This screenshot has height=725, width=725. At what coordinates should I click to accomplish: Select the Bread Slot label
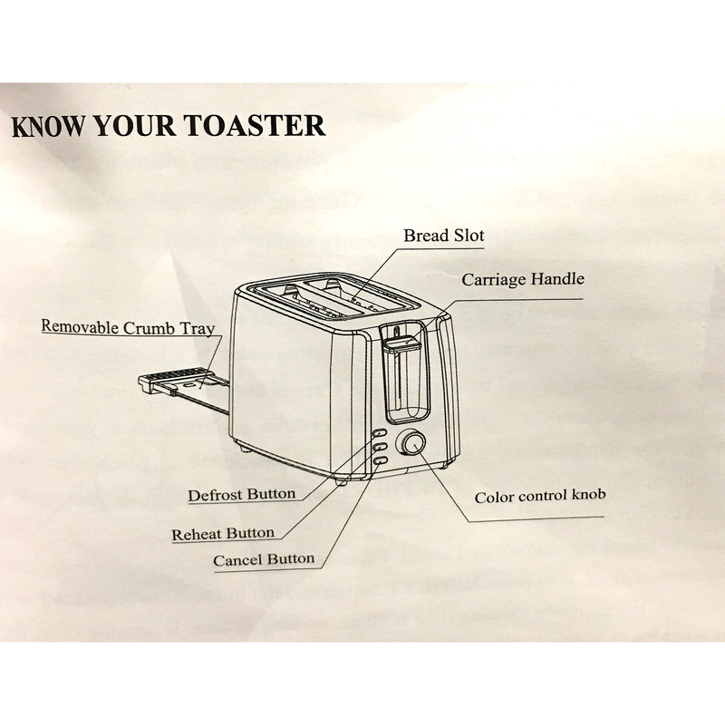pyautogui.click(x=444, y=236)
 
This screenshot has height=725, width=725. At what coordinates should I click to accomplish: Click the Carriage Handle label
pyautogui.click(x=523, y=279)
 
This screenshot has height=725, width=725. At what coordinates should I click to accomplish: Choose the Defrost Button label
pyautogui.click(x=241, y=495)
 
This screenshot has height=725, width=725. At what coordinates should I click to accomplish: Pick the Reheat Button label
pyautogui.click(x=223, y=534)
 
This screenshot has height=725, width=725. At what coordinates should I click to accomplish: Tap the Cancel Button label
pyautogui.click(x=264, y=560)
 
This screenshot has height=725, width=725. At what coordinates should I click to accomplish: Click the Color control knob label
pyautogui.click(x=540, y=497)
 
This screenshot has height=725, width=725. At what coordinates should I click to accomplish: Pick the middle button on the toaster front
pyautogui.click(x=379, y=448)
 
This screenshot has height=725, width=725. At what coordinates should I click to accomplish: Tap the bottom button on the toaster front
pyautogui.click(x=378, y=461)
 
